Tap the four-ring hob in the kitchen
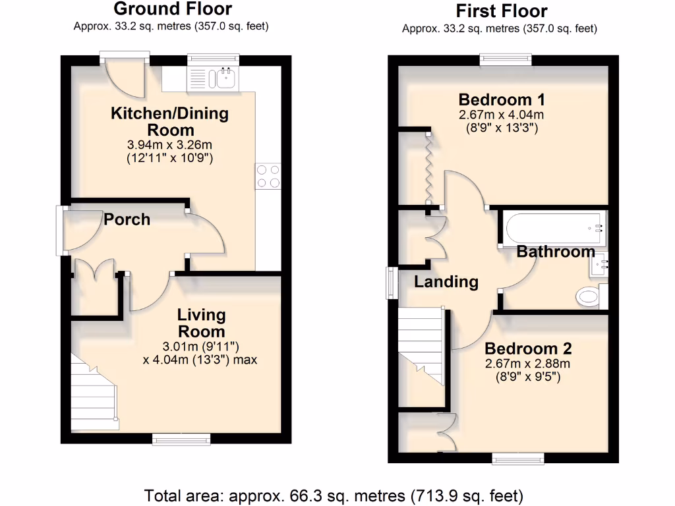coord(268,176)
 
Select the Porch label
coord(127,219)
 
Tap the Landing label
coord(446,282)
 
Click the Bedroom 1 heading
coord(502,100)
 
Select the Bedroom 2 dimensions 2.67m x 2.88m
coord(527,364)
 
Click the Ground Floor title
coord(173,9)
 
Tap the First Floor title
coord(502,11)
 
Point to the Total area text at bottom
coord(334,494)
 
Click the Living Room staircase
coord(94,393)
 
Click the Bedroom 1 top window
coord(506,59)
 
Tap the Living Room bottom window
coord(181,437)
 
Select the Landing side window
coord(390,284)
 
